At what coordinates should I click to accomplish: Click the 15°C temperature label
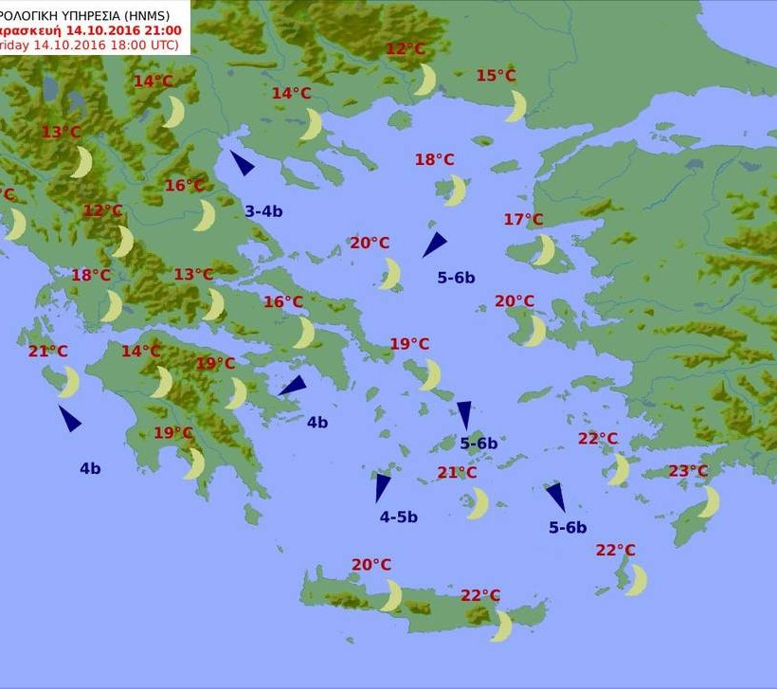[496, 76]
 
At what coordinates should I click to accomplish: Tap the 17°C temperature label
[523, 220]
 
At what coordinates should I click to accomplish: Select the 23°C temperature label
[688, 471]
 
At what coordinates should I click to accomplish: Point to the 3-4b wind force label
[263, 211]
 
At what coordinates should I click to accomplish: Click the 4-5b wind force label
[398, 517]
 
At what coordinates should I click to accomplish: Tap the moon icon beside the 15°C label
[516, 105]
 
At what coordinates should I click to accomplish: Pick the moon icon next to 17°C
[544, 250]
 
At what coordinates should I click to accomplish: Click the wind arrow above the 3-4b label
[242, 163]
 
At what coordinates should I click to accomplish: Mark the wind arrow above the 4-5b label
[382, 486]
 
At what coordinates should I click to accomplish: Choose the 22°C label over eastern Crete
[480, 595]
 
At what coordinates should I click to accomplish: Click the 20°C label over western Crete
[371, 565]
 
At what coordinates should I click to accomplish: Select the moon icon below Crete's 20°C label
[391, 595]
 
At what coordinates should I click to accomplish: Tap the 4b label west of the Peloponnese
[90, 467]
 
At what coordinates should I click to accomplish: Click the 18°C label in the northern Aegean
[434, 160]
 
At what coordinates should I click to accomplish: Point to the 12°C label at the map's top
[406, 49]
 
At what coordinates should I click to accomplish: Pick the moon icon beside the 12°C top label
[425, 80]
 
